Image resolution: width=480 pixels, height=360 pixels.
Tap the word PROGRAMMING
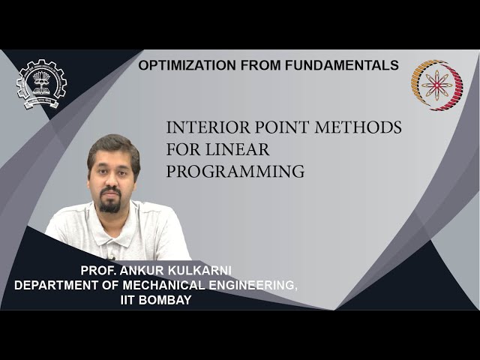(235, 171)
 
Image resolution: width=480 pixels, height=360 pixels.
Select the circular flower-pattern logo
(436, 85)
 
